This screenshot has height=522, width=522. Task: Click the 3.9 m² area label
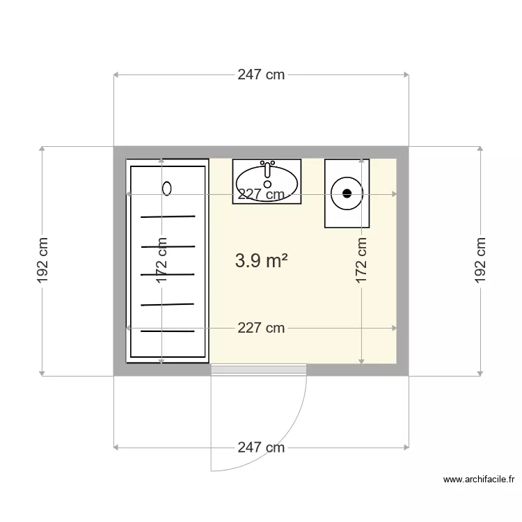261,260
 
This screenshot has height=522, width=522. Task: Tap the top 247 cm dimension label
261,74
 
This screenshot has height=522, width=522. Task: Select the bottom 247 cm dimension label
261,448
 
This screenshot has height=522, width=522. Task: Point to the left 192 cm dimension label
42,261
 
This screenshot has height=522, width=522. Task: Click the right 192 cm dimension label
480,261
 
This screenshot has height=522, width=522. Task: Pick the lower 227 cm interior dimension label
261,328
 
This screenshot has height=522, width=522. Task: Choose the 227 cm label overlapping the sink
261,194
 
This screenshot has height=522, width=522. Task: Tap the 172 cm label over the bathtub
161,261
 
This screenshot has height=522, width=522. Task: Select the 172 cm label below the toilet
361,261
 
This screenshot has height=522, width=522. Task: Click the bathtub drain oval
167,189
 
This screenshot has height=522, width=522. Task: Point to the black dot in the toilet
347,193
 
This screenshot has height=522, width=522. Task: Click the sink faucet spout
267,171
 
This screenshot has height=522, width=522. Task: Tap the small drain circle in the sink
267,184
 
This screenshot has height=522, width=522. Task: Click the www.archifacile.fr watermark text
478,480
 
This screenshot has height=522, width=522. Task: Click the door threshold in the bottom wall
259,370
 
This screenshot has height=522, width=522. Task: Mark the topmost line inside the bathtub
168,216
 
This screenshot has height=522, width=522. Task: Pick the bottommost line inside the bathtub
168,331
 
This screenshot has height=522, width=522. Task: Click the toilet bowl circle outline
347,177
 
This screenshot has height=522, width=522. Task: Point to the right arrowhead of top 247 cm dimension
406,75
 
